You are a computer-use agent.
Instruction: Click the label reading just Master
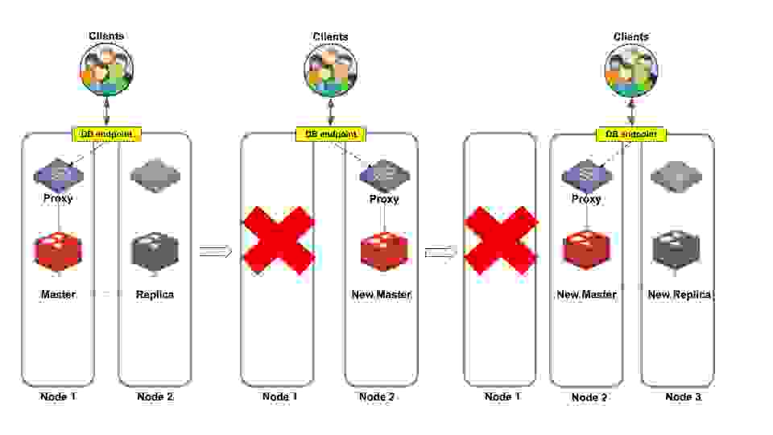click(58, 295)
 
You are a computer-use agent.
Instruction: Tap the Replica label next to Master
click(155, 295)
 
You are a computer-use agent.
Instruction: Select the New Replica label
click(679, 295)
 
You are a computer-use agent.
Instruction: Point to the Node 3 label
click(683, 397)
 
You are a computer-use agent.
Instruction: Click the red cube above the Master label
click(58, 251)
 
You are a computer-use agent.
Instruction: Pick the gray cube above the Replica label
click(155, 251)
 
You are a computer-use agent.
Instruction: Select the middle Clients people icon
click(330, 70)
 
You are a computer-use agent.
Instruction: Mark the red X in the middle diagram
click(279, 240)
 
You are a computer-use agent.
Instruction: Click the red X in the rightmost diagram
click(501, 240)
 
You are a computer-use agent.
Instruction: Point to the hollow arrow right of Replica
click(215, 252)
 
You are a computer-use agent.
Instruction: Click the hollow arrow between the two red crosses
click(440, 252)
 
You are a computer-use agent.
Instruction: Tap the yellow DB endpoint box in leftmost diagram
click(107, 135)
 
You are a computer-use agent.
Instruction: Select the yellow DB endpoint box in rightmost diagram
click(630, 135)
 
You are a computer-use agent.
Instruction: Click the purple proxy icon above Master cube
click(58, 174)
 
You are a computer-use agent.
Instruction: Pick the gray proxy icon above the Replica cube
click(155, 175)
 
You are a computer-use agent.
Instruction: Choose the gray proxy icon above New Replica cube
click(676, 175)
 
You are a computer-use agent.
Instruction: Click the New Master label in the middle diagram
click(381, 295)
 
